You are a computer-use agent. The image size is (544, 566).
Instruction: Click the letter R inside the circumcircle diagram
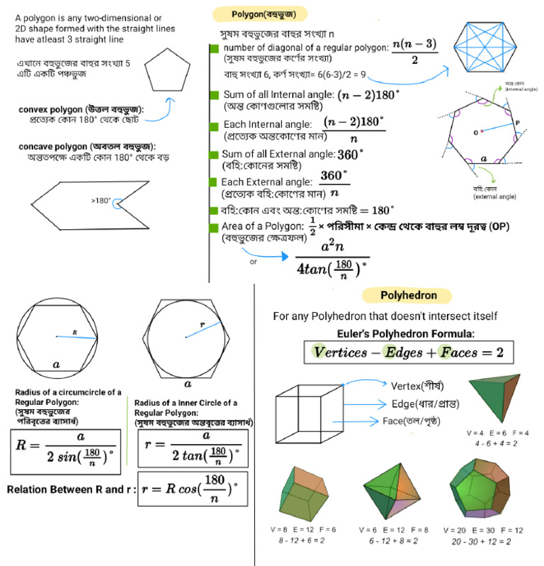pyautogui.click(x=74, y=331)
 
